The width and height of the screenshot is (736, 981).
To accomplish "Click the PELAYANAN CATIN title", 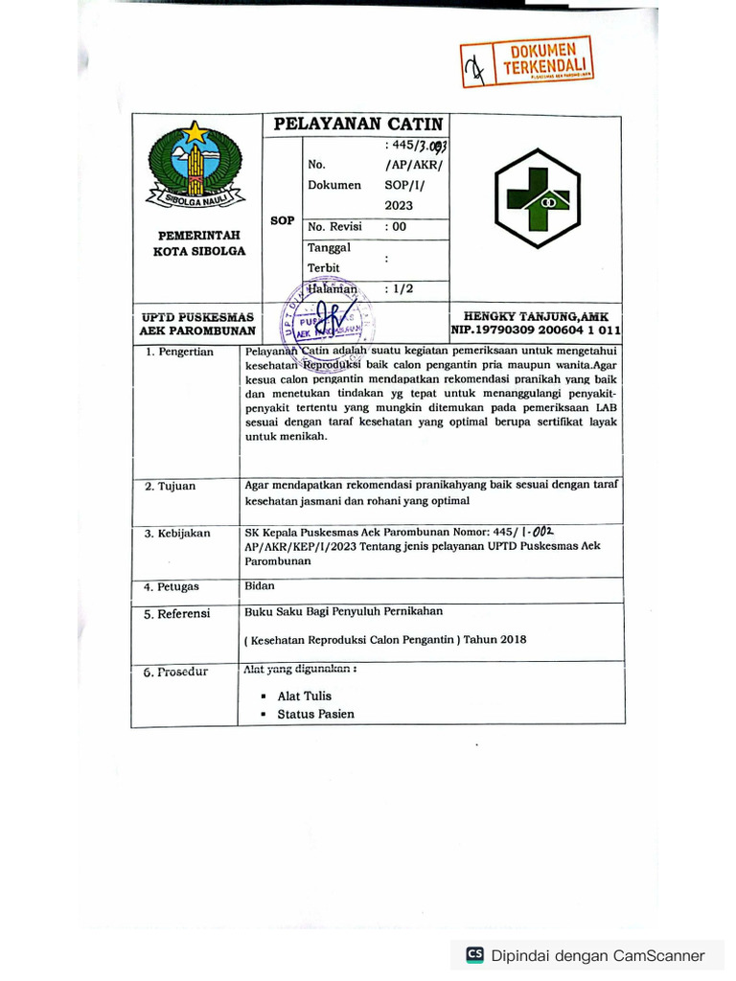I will pos(358,125).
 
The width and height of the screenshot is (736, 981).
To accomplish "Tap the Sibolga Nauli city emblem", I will pos(196,166).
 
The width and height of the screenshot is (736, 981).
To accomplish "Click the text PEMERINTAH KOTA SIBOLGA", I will pos(199,243).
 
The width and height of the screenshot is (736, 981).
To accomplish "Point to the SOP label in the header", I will pos(282,220).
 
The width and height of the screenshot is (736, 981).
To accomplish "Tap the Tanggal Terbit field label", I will pos(329,257).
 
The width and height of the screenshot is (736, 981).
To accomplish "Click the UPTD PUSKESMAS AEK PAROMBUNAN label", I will pos(196,323).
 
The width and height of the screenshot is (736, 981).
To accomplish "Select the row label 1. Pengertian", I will pos(179,353).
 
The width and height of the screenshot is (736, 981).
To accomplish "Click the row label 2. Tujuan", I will pos(171,487).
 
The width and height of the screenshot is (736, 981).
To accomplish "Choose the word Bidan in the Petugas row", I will pos(260,585).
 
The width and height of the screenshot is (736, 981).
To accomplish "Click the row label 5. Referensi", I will pos(177,614).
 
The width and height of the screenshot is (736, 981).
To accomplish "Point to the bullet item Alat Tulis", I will pos(304,696).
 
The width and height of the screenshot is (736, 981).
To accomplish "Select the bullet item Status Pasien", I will pos(315,715).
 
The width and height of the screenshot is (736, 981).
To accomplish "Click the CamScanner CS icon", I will pos(474,955).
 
